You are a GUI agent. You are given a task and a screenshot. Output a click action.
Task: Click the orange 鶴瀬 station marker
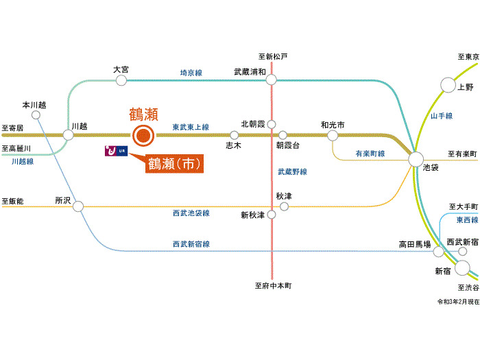143,135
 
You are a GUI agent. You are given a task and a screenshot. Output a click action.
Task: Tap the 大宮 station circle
121,80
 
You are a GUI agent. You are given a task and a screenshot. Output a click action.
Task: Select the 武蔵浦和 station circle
271,80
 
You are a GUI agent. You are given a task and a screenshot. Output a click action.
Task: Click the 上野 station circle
448,85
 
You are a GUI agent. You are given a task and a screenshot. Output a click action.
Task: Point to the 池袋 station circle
416,160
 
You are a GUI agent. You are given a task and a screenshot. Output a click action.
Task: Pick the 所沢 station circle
78,206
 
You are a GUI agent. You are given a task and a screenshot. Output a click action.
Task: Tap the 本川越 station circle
36,115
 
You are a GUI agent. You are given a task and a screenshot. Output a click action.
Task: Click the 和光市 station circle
333,135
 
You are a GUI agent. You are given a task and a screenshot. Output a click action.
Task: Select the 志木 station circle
235,135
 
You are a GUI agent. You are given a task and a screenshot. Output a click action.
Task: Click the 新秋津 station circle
272,215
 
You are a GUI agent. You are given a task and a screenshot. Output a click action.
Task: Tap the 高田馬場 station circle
438,252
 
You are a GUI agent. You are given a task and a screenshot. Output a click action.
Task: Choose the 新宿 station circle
462,268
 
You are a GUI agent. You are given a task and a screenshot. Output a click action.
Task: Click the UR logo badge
117,151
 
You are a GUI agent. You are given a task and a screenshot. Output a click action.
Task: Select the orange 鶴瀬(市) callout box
174,164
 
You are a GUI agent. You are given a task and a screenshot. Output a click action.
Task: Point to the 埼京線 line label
191,73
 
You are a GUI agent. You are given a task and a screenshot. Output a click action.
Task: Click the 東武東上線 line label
191,127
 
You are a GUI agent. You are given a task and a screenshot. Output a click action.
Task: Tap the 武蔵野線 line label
292,171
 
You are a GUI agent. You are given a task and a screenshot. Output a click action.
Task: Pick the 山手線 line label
442,116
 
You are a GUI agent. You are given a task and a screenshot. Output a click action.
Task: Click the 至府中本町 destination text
274,286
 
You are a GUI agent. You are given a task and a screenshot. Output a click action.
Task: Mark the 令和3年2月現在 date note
458,302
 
